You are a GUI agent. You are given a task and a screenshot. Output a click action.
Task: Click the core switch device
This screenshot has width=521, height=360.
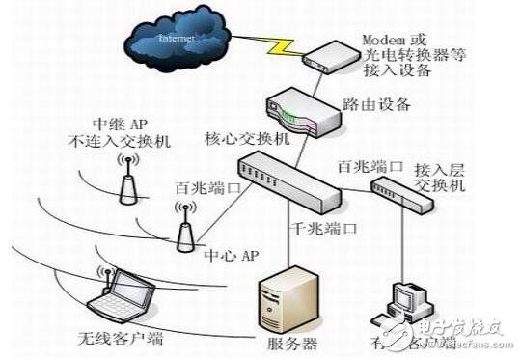[288, 181]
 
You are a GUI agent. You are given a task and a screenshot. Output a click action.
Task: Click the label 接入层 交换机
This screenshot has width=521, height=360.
[439, 175]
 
